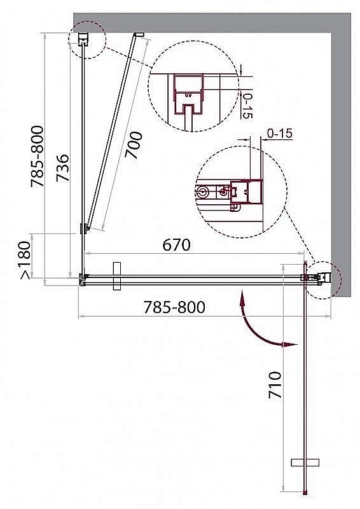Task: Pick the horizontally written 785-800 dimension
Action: (x=176, y=307)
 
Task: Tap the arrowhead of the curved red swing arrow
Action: (x=292, y=344)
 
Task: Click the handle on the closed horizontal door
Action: (x=116, y=276)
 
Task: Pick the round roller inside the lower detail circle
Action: (x=203, y=192)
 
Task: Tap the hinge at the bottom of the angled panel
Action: (x=83, y=228)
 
